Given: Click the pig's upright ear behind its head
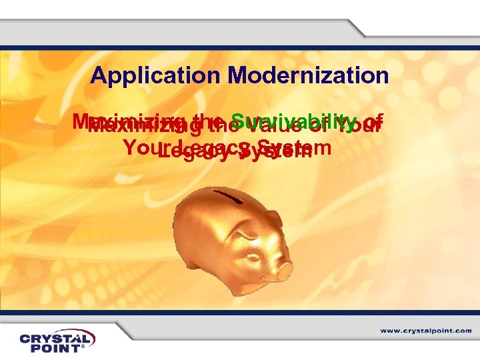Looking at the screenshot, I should coord(274,213).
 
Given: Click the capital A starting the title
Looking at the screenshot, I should coord(99,75).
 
